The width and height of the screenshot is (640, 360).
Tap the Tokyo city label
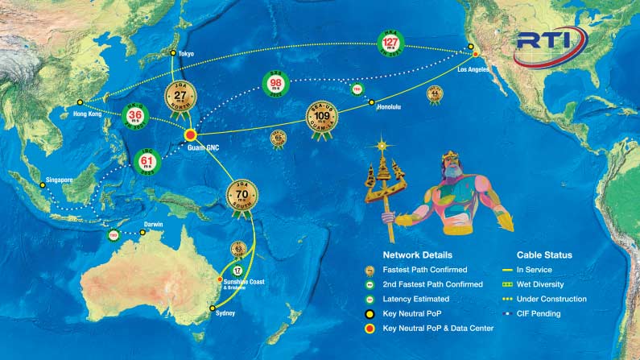(x=186, y=54)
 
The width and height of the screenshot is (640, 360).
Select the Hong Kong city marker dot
(x=80, y=102)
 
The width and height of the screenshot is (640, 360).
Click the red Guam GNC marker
(x=192, y=134)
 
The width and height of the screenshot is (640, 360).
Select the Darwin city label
(x=153, y=224)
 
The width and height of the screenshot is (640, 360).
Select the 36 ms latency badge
(x=134, y=116)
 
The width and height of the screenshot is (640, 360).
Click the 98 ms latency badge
(x=275, y=85)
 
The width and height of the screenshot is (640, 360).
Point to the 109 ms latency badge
(x=322, y=118)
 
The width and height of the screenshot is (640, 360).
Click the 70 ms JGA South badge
(x=241, y=197)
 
